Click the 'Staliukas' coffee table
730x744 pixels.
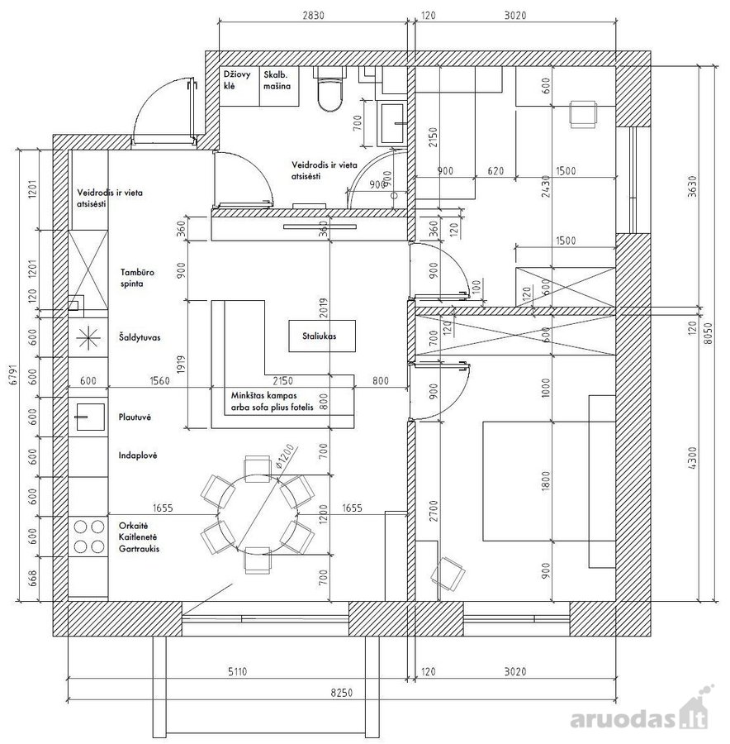coord(322,336)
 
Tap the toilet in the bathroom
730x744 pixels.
coord(330,88)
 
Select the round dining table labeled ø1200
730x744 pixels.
coord(258,514)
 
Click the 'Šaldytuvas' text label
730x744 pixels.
coord(140,337)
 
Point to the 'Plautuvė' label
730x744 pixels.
coord(135,417)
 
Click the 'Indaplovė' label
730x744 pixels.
coord(137,455)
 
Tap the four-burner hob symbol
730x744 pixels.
coord(88,537)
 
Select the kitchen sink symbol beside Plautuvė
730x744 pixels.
coord(88,417)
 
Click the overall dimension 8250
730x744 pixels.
coord(341,693)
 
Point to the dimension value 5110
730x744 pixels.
coord(237,672)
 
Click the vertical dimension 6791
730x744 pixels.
coord(14,374)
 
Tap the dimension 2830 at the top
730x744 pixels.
coord(313,15)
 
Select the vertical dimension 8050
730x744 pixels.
coord(708,334)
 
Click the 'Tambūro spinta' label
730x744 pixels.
coord(137,278)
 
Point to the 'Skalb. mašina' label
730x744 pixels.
coord(277,80)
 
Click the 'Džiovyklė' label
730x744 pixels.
coord(237,80)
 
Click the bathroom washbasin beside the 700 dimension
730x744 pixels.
coord(392,124)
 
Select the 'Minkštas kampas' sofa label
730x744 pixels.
coord(264,395)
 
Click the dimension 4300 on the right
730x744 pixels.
coord(693,458)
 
